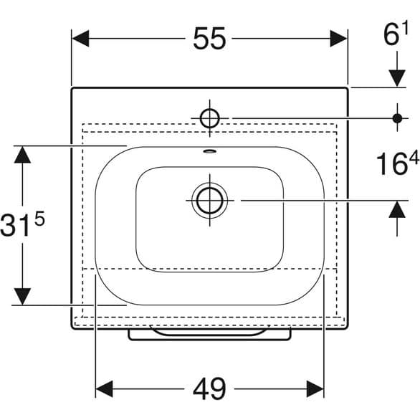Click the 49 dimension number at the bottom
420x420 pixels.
tap(209, 388)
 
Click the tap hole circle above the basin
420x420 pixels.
tap(209, 118)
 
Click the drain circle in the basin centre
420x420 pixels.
tap(209, 200)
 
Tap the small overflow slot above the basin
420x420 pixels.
tap(209, 151)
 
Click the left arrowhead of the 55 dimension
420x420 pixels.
tap(80, 39)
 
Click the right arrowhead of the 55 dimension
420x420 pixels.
tap(339, 39)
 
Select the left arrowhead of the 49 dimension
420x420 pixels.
tap(105, 388)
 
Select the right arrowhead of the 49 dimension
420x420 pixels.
tap(315, 388)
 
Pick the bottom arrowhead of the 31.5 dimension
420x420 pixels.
tap(24, 295)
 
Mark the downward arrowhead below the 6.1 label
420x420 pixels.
tap(396, 78)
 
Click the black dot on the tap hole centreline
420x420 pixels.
tap(396, 118)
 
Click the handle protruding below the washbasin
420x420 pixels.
tap(209, 334)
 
